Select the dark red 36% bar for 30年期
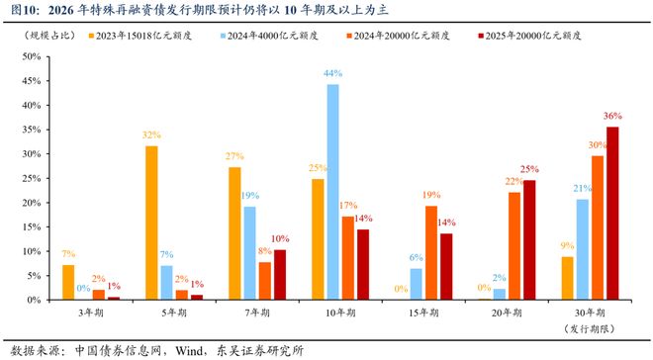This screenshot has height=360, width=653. [x=612, y=213]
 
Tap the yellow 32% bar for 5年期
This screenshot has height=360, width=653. [x=151, y=223]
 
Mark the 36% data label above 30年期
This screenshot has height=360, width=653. [x=614, y=117]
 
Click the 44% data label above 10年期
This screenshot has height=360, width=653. [x=332, y=74]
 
